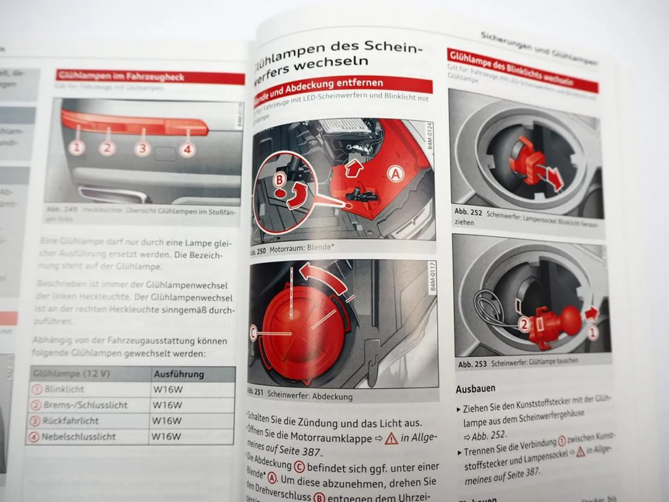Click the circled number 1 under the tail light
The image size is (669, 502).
[x=77, y=147]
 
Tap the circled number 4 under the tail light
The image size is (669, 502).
[x=187, y=149]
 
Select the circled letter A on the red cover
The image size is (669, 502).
[x=395, y=174]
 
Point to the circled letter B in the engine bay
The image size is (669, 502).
[x=280, y=180]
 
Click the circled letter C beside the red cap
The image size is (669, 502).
[x=254, y=333]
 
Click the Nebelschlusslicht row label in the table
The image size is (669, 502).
[x=78, y=437]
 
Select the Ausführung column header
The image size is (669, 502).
[x=178, y=374]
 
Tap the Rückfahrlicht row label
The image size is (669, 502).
[x=70, y=421]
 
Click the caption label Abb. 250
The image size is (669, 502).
[x=257, y=251]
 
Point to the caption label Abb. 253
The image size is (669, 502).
[x=472, y=364]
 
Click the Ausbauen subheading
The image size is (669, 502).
[x=475, y=389]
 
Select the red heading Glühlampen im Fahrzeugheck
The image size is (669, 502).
[x=121, y=77]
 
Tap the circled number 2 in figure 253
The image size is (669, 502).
[x=524, y=324]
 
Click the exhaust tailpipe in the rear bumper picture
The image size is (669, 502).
[x=111, y=195]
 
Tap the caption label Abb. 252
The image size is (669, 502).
[x=468, y=212]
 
